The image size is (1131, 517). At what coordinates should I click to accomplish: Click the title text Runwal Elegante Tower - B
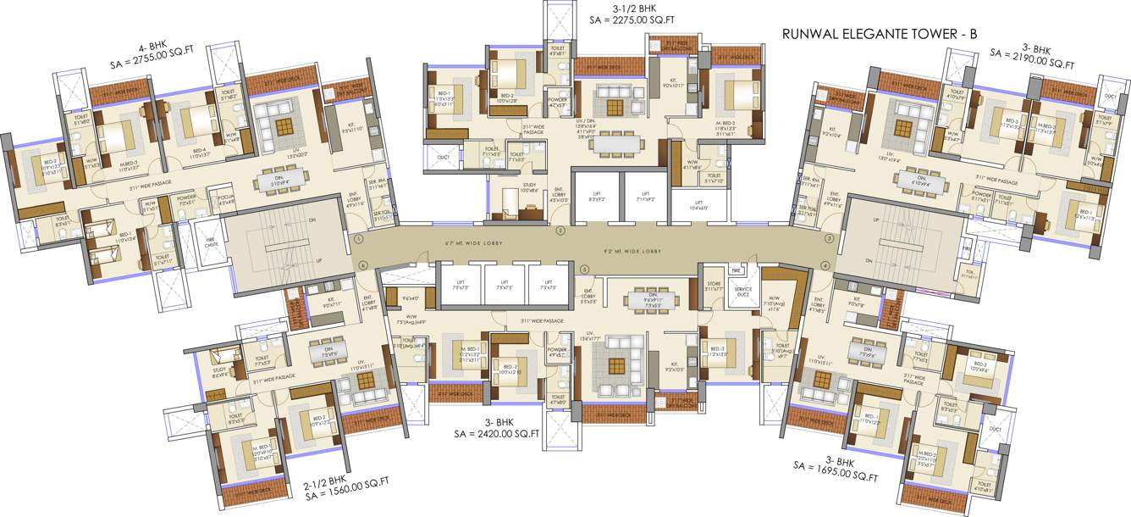[880, 35]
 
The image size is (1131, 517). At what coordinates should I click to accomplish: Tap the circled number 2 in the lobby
[560, 230]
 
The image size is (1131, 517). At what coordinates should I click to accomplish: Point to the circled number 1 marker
[360, 240]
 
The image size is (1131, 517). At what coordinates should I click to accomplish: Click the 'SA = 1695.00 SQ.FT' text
[836, 471]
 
